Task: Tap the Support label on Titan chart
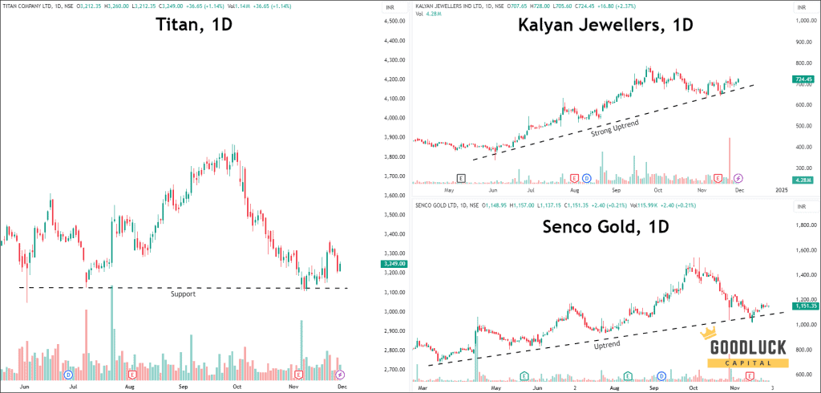(183, 294)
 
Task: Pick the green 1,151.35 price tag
(803, 306)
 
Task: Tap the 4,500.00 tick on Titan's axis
(393, 21)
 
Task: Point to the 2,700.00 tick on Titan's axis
(393, 370)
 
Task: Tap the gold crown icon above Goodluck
(709, 333)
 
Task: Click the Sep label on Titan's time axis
(184, 386)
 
